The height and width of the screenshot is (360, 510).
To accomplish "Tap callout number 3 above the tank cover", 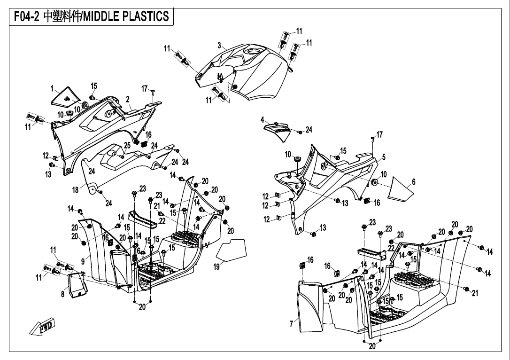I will click(x=219, y=45).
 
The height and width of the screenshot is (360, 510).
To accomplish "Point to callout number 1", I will click(x=53, y=88).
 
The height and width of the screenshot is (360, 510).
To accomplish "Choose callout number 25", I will click(x=127, y=145).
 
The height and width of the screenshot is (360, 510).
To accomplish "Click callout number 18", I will click(x=75, y=189).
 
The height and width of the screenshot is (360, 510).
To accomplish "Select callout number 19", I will click(x=216, y=267).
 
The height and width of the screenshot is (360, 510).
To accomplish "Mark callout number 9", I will click(x=83, y=261).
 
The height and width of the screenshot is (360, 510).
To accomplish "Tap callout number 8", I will click(x=62, y=295).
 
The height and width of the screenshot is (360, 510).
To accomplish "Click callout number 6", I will click(x=413, y=181).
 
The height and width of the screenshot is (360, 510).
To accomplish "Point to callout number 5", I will click(x=384, y=157).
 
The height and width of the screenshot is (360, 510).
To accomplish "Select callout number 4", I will click(x=263, y=119).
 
